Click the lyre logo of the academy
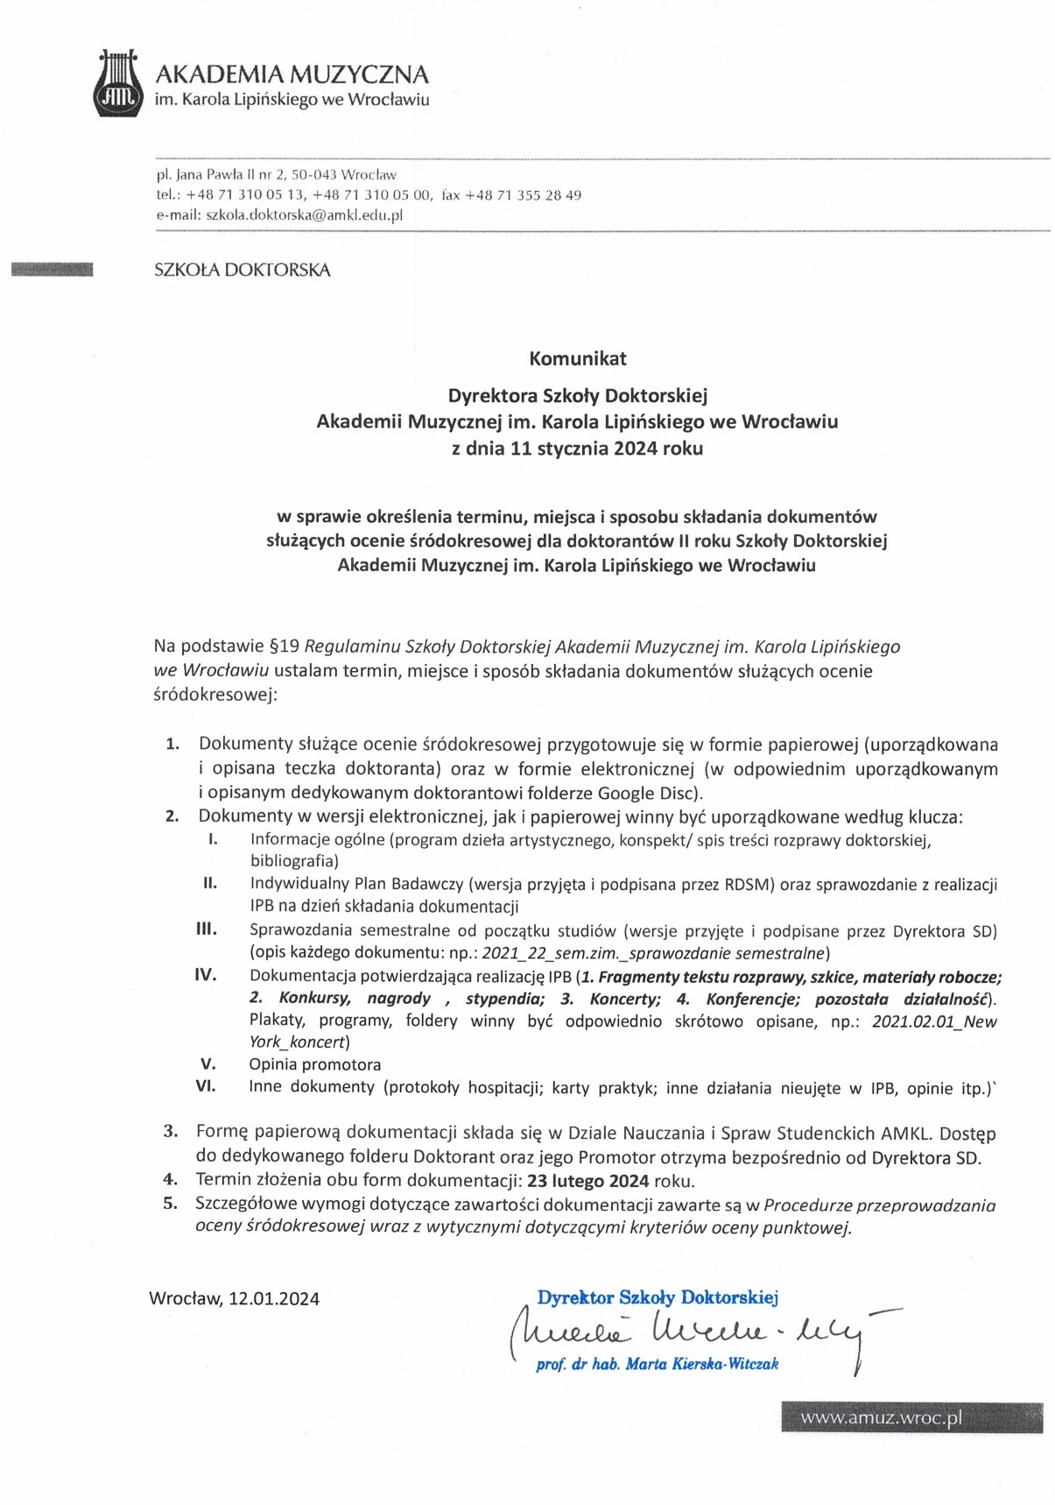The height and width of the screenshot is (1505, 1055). [119, 84]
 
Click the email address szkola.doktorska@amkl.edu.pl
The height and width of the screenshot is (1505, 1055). [304, 216]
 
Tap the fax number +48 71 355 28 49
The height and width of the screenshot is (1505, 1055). [523, 195]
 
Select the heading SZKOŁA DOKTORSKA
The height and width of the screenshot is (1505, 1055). [243, 271]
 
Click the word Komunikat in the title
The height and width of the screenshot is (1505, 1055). [577, 358]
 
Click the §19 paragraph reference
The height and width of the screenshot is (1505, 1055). [280, 647]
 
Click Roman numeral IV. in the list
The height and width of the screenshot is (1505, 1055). [206, 974]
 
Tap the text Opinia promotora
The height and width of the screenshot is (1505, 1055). [315, 1064]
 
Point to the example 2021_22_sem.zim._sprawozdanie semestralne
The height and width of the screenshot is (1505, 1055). [653, 953]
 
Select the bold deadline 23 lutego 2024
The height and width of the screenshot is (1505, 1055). [588, 1180]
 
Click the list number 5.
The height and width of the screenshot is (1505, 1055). [171, 1204]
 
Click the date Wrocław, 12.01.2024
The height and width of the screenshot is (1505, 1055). [234, 1298]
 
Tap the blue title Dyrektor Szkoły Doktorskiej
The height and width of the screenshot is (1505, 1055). [658, 1297]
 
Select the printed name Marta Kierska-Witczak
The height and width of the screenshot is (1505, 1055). [701, 1364]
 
